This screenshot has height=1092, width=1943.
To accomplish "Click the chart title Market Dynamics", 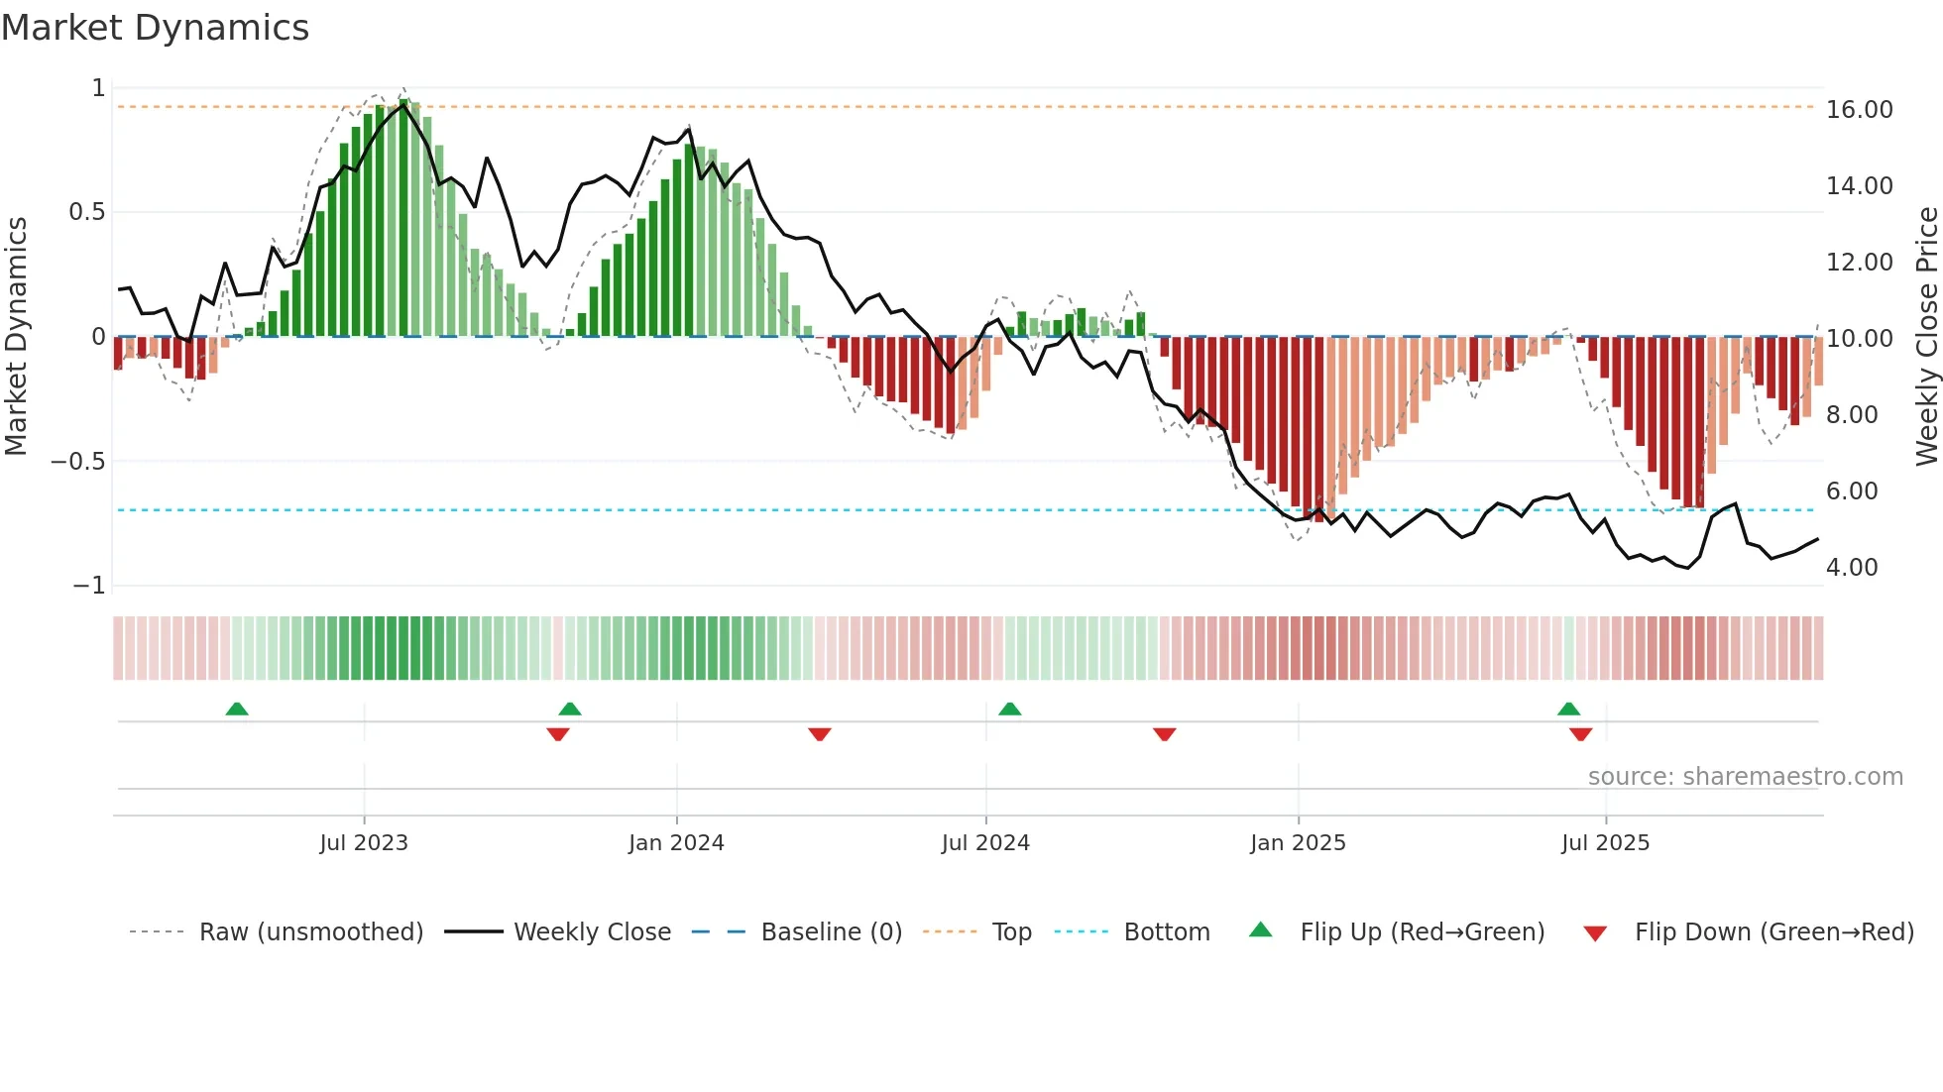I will pos(155,28).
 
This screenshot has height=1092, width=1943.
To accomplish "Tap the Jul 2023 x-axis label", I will pos(364,843).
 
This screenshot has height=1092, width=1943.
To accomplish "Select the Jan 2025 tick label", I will pos(1298,843).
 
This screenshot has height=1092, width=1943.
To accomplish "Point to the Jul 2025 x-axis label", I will pos(1605,843).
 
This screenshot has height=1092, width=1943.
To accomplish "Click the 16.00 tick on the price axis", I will pos(1859,110).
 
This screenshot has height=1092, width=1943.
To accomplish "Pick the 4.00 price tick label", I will pos(1852,568).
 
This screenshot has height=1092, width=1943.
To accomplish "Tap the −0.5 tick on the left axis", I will pos(77,462).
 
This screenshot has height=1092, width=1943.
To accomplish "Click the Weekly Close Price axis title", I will pos(1926,336).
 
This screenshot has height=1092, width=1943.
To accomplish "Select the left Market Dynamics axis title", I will pos(16,336).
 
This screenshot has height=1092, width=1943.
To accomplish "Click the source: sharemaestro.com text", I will pos(1745,777).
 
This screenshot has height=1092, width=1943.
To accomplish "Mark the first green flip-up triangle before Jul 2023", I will pos(236,710).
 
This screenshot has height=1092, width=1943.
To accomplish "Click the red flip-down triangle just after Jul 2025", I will pos(1580,734).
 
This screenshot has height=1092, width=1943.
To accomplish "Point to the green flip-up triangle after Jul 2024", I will pos(1009,710).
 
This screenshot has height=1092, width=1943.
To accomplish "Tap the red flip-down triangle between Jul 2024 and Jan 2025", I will pos(1164,734).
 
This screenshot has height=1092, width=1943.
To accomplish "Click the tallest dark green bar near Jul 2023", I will pos(403,218).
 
